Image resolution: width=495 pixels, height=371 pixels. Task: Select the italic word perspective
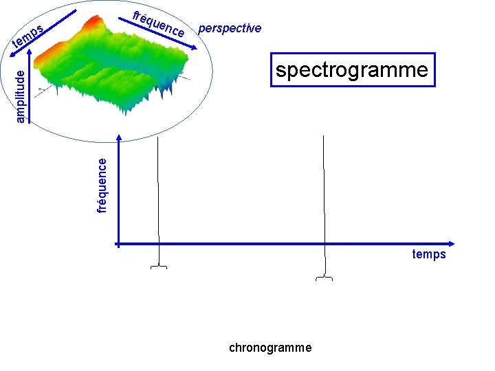click(x=230, y=28)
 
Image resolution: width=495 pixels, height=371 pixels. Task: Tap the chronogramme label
click(x=270, y=348)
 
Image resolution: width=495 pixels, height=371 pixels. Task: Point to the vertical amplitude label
click(x=21, y=95)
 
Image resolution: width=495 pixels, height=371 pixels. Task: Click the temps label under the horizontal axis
click(x=429, y=255)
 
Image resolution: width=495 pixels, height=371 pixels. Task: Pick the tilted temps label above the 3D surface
click(x=29, y=38)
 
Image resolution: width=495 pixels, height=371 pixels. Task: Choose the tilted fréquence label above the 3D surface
click(x=159, y=24)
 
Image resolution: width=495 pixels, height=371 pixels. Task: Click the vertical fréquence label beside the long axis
click(x=102, y=185)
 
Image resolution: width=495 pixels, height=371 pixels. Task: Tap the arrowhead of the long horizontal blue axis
click(x=451, y=243)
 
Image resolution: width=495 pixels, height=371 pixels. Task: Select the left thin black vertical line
click(x=159, y=199)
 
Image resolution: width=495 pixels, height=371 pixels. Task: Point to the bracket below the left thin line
click(x=159, y=267)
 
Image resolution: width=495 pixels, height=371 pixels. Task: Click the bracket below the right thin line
click(x=324, y=278)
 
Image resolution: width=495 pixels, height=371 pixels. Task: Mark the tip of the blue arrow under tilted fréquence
click(x=195, y=46)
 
